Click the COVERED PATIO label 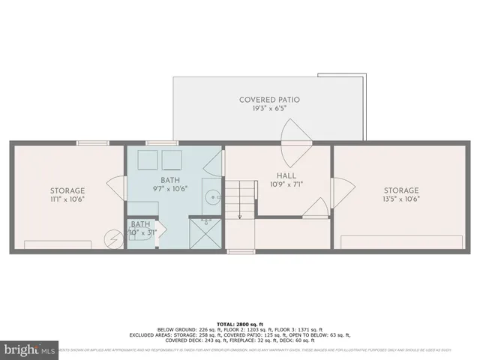click(268, 99)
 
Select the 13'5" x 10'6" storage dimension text click(401, 199)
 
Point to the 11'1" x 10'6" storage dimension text click(67, 199)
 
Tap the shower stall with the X click(204, 234)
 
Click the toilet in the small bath click(142, 241)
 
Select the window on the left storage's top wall click(93, 142)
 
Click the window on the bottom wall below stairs click(240, 251)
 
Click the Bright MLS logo click(30, 349)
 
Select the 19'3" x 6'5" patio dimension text click(268, 109)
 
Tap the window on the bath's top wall click(156, 142)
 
